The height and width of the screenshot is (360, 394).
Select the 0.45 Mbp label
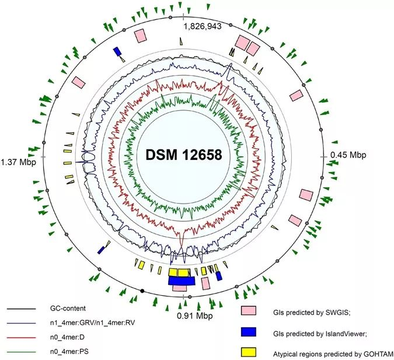[x=348, y=155]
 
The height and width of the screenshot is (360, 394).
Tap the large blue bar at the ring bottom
[x=182, y=281]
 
